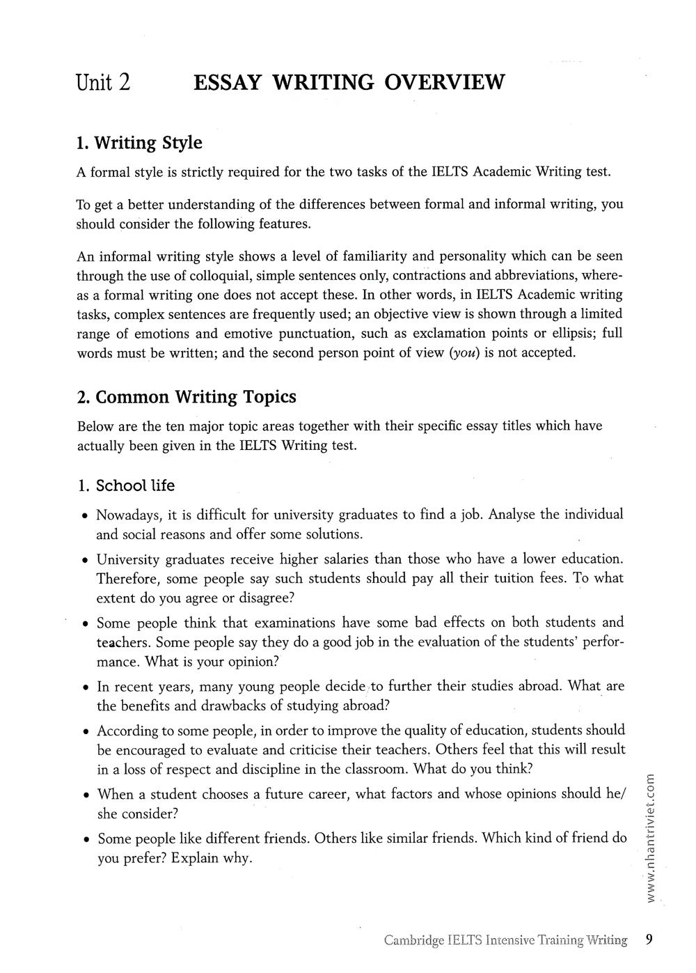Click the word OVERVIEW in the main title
pos(443,83)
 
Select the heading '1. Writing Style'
pos(139,143)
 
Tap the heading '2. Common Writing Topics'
pos(187,397)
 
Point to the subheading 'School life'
pos(135,485)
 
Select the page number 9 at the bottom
pos(649,940)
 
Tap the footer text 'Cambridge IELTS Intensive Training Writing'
pos(505,940)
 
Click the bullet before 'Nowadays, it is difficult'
pos(84,517)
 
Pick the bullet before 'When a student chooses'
pos(84,795)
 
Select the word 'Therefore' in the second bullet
pos(125,579)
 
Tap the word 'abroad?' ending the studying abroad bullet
pos(366,706)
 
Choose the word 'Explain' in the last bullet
pos(195,858)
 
